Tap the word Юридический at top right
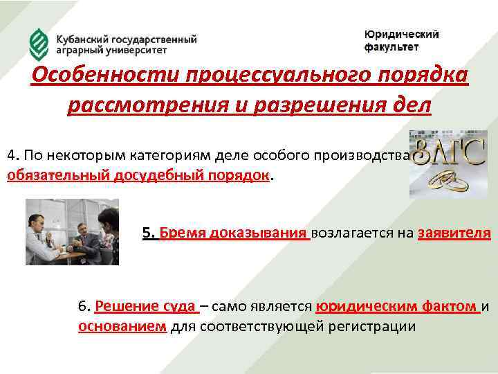(x=401, y=35)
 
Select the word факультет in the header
(x=391, y=47)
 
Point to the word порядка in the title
(x=413, y=75)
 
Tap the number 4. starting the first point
(x=12, y=154)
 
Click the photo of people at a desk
(x=72, y=231)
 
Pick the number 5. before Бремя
(x=148, y=233)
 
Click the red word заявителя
(x=454, y=233)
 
